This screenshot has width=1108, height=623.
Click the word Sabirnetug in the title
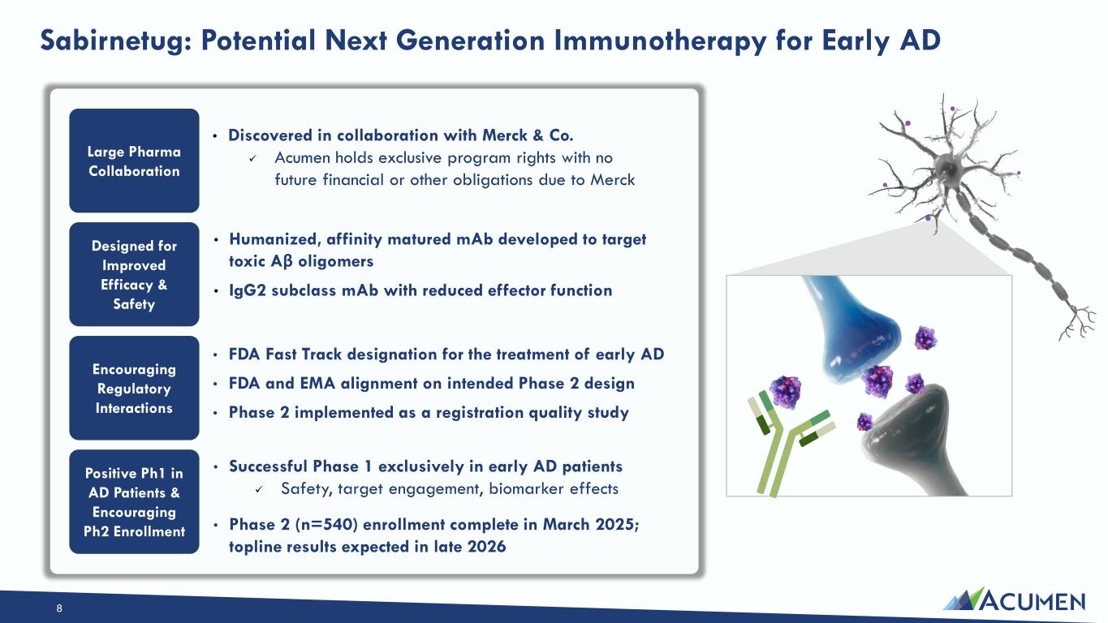click(116, 41)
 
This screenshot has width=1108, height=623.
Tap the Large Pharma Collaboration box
click(134, 161)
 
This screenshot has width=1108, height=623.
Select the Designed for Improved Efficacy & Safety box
click(134, 274)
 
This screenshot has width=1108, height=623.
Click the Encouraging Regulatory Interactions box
click(134, 388)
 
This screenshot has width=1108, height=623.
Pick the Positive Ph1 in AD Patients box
click(134, 502)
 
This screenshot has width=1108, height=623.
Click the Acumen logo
click(1014, 599)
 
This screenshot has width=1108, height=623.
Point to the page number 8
click(59, 608)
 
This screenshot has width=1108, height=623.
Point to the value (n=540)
click(326, 525)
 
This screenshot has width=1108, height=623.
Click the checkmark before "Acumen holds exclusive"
click(252, 159)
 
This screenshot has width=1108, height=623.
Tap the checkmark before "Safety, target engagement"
click(259, 489)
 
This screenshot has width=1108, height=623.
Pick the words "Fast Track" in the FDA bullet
click(304, 354)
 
